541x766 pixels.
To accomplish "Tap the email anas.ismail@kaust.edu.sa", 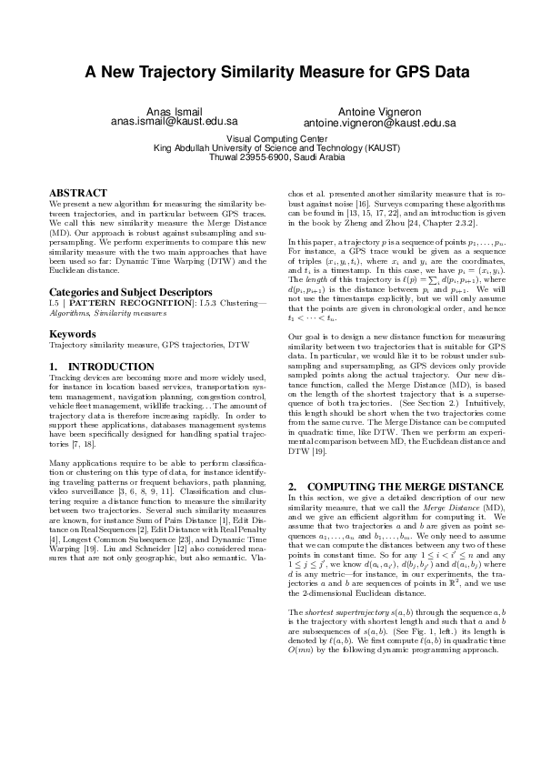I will coord(174,121).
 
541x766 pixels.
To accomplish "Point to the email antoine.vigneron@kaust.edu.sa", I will coord(379,122).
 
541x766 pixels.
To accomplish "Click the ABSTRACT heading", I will coord(78,193).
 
